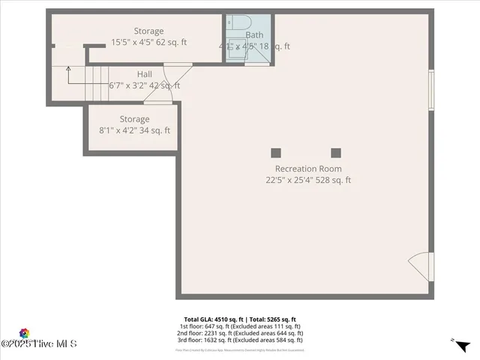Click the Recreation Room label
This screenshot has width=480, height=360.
tap(308, 169)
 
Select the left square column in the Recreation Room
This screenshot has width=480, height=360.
tap(276, 152)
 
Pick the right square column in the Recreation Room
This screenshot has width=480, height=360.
tap(336, 152)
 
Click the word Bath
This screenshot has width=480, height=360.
tap(254, 34)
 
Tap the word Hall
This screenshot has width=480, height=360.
tap(145, 74)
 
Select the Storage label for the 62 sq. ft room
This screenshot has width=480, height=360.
tap(148, 31)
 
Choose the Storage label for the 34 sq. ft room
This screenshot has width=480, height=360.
tap(134, 119)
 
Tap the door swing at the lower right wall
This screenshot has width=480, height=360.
tap(420, 266)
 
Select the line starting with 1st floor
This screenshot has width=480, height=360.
tap(240, 327)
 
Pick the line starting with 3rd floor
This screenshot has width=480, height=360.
tap(240, 340)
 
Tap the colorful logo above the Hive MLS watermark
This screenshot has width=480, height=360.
tap(24, 333)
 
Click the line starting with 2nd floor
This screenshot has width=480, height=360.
tap(240, 334)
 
